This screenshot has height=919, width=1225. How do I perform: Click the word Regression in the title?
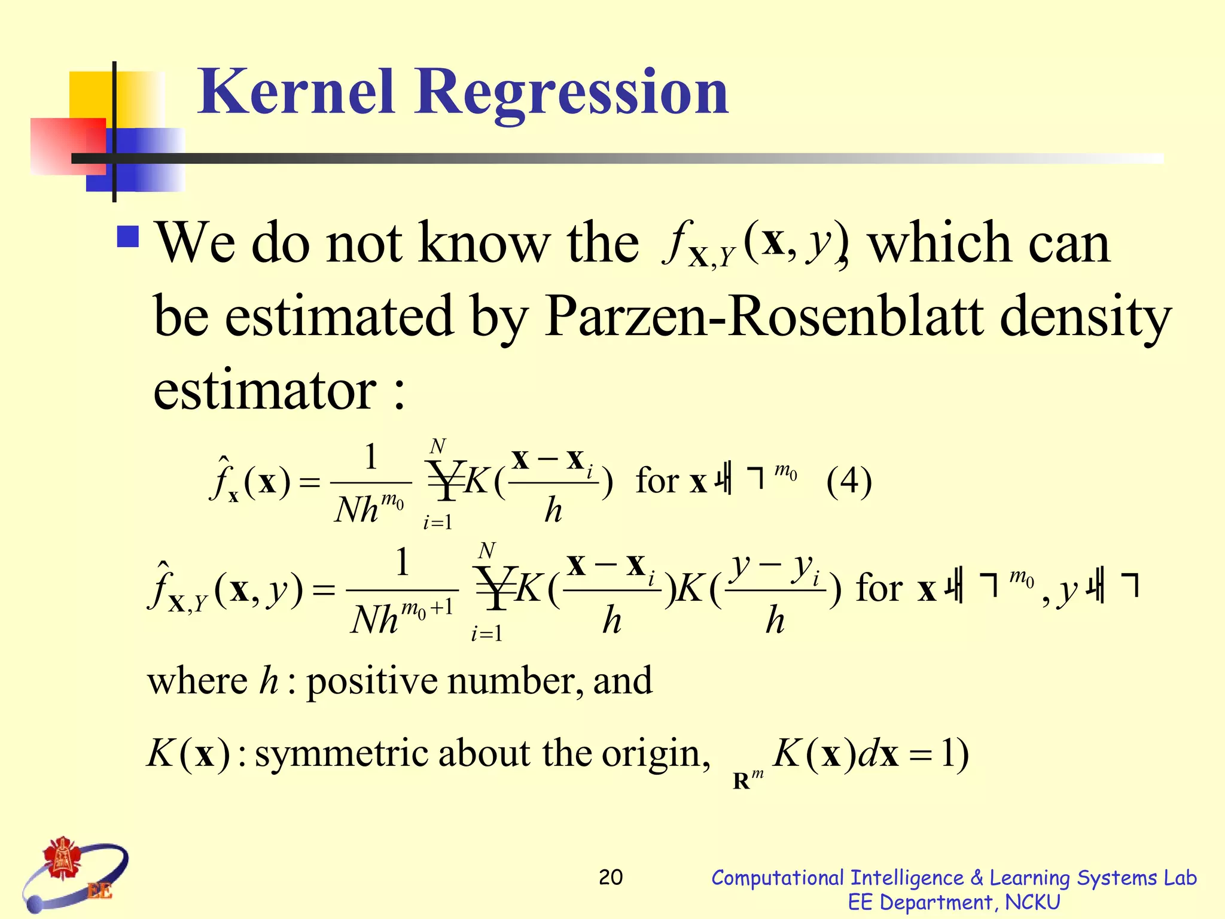pyautogui.click(x=571, y=93)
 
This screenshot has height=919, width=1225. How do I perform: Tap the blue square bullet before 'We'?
pyautogui.click(x=129, y=237)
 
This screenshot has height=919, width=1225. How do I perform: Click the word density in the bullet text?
pyautogui.click(x=1085, y=317)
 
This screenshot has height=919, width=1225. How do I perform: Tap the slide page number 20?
pyautogui.click(x=611, y=877)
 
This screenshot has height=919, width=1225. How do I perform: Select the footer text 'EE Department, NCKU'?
pyautogui.click(x=954, y=902)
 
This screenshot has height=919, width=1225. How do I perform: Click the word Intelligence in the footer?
pyautogui.click(x=907, y=878)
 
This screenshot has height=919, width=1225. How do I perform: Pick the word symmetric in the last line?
pyautogui.click(x=342, y=753)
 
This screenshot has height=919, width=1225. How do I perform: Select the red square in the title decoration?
pyautogui.click(x=67, y=146)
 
